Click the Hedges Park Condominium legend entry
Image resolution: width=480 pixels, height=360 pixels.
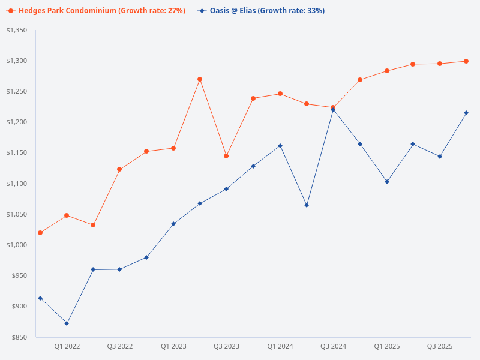click(x=96, y=11)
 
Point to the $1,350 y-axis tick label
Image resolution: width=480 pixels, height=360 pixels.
click(x=17, y=30)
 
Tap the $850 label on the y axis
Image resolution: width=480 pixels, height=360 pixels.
click(x=20, y=337)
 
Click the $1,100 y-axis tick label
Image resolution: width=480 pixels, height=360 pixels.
click(x=17, y=184)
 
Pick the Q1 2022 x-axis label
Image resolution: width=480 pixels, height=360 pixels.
click(x=67, y=346)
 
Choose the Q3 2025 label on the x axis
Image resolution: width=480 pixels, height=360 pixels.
click(x=440, y=346)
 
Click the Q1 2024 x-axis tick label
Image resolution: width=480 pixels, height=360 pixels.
click(x=280, y=346)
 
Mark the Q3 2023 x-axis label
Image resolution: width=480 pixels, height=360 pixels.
click(x=226, y=346)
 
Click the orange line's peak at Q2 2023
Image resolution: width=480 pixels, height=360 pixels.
click(x=200, y=79)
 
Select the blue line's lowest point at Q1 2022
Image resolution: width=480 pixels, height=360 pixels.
click(x=67, y=323)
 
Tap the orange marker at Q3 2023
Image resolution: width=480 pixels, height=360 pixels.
click(x=226, y=156)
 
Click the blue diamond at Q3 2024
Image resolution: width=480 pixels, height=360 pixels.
click(x=333, y=109)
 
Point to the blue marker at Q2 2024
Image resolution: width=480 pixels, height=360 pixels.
click(x=307, y=205)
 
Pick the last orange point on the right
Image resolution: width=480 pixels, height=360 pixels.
click(x=466, y=61)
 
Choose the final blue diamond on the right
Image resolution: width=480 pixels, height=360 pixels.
click(x=466, y=113)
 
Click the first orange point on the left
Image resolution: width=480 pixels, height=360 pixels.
click(x=40, y=233)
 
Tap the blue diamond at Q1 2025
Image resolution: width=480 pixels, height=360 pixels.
click(x=386, y=182)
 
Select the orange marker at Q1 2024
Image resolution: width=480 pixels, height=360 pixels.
click(x=280, y=94)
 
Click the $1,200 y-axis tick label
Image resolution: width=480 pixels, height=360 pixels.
click(x=17, y=122)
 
